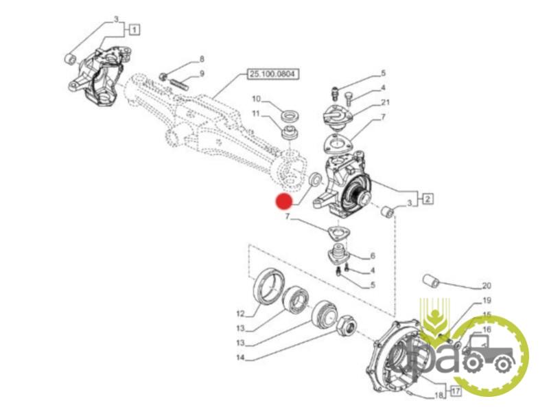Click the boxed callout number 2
[427, 200]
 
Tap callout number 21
[385, 102]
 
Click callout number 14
[240, 358]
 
